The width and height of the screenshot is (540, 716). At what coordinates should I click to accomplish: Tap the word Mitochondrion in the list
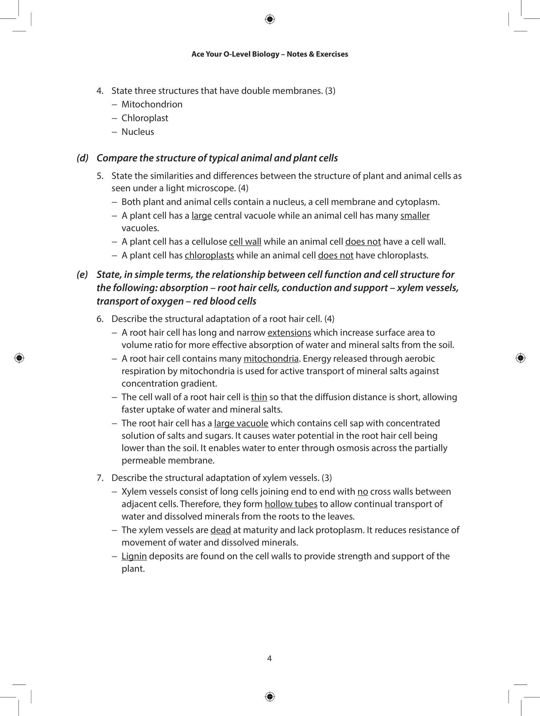point(152,104)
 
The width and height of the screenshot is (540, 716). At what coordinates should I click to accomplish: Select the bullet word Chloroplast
point(145,118)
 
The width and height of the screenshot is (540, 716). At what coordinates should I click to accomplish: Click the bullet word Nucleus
point(138,132)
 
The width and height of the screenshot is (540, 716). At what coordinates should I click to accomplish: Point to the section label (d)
point(83,158)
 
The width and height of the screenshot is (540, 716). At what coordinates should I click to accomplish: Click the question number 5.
point(100,176)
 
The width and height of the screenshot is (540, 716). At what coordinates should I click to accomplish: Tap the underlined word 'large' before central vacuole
point(201,215)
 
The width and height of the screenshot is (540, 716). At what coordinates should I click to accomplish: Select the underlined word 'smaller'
point(415,215)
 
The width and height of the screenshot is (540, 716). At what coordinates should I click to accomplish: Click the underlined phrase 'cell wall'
point(245,242)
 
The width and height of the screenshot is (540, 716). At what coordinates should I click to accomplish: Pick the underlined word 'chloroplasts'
point(209,255)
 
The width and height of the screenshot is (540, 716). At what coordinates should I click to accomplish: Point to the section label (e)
point(82,275)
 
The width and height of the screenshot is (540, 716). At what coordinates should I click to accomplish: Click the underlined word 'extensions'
point(289,333)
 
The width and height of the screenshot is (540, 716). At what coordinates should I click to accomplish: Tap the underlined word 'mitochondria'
point(271,359)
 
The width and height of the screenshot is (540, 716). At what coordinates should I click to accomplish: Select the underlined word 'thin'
point(259,397)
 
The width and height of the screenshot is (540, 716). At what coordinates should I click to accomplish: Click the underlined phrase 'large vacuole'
point(241,423)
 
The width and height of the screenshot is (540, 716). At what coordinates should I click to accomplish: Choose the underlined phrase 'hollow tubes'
point(290,504)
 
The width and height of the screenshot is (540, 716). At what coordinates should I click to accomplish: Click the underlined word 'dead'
point(220,530)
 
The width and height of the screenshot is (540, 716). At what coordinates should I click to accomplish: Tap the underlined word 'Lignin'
point(134,556)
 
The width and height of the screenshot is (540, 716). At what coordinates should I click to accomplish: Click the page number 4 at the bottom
point(269,659)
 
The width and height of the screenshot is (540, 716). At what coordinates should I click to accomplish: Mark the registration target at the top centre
point(270,19)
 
